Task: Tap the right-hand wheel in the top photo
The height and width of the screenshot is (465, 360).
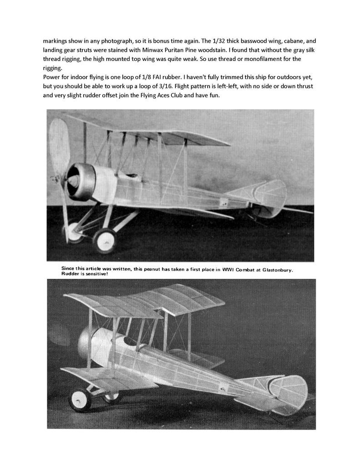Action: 105,239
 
